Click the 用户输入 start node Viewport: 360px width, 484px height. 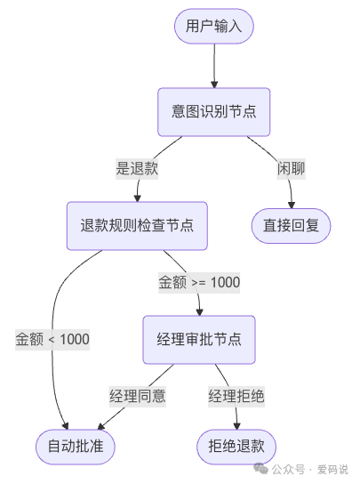coord(213,26)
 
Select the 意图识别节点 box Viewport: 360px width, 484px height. coord(213,111)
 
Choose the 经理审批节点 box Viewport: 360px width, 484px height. coord(199,339)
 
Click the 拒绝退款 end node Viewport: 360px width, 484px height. coord(236,446)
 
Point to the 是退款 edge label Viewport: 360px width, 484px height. coord(137,168)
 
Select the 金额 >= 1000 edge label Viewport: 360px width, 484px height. coord(199,282)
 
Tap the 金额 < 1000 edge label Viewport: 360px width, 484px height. coord(52,339)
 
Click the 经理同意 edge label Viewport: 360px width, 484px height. coord(137,395)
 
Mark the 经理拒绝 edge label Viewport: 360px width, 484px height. coord(236,395)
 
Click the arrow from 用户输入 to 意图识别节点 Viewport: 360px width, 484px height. coord(214,64)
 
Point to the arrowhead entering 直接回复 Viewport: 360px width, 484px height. coord(291,203)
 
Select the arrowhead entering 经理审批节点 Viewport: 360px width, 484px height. coord(199,311)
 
